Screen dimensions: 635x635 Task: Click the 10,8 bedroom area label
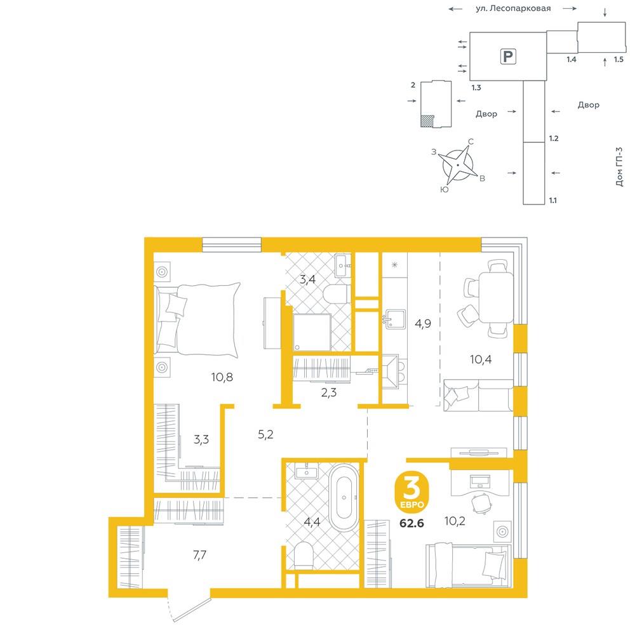pyautogui.click(x=222, y=377)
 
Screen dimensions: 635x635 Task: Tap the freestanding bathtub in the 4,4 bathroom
pyautogui.click(x=344, y=497)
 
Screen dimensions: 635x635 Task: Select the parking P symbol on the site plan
pyautogui.click(x=508, y=56)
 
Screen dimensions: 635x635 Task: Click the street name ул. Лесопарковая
pyautogui.click(x=513, y=8)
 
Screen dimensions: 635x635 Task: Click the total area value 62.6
pyautogui.click(x=412, y=523)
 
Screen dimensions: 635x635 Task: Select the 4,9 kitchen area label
pyautogui.click(x=423, y=323)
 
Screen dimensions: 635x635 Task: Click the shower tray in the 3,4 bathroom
pyautogui.click(x=312, y=332)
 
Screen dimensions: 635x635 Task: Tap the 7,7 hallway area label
pyautogui.click(x=199, y=555)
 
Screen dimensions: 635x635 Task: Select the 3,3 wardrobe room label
pyautogui.click(x=201, y=439)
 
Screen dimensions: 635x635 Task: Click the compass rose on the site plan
pyautogui.click(x=458, y=165)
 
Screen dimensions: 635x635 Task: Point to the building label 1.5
pyautogui.click(x=618, y=60)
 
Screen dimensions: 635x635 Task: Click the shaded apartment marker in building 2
pyautogui.click(x=427, y=121)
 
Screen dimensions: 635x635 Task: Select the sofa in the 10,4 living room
pyautogui.click(x=478, y=395)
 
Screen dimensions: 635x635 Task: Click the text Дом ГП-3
pyautogui.click(x=619, y=167)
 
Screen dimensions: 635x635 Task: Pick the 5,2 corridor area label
pyautogui.click(x=265, y=434)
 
